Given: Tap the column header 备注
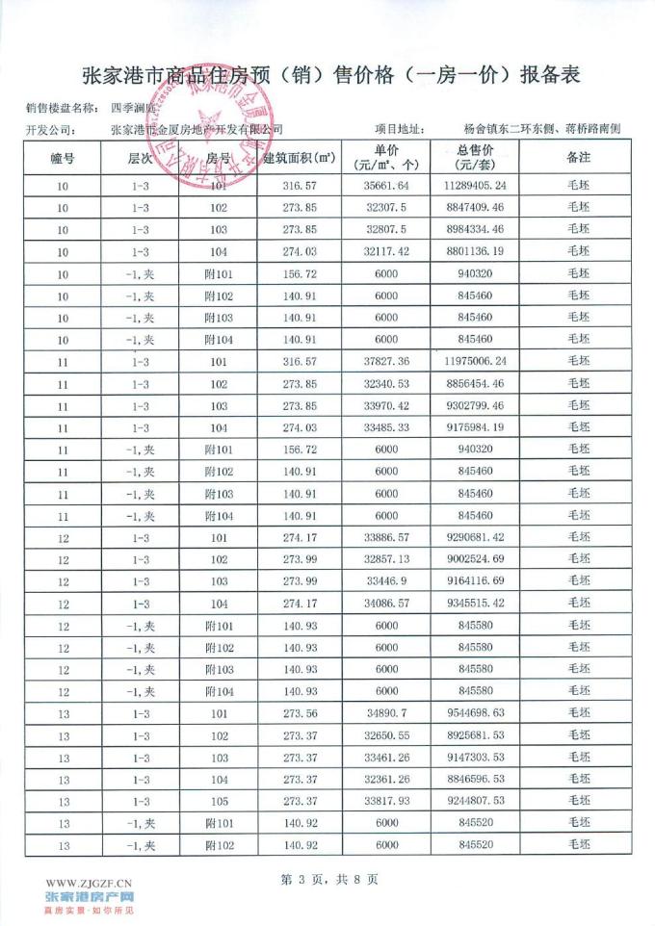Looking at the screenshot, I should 578,157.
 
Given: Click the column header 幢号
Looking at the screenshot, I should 63,157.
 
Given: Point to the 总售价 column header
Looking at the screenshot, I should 475,157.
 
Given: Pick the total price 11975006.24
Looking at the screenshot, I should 475,361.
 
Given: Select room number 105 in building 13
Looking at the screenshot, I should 219,801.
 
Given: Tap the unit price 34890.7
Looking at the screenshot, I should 386,713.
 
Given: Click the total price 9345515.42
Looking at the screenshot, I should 475,604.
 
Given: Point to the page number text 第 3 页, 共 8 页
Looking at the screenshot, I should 328,879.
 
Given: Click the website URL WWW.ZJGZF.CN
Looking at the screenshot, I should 89,883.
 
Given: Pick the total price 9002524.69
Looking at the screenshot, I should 475,559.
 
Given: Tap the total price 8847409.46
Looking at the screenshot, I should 475,207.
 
